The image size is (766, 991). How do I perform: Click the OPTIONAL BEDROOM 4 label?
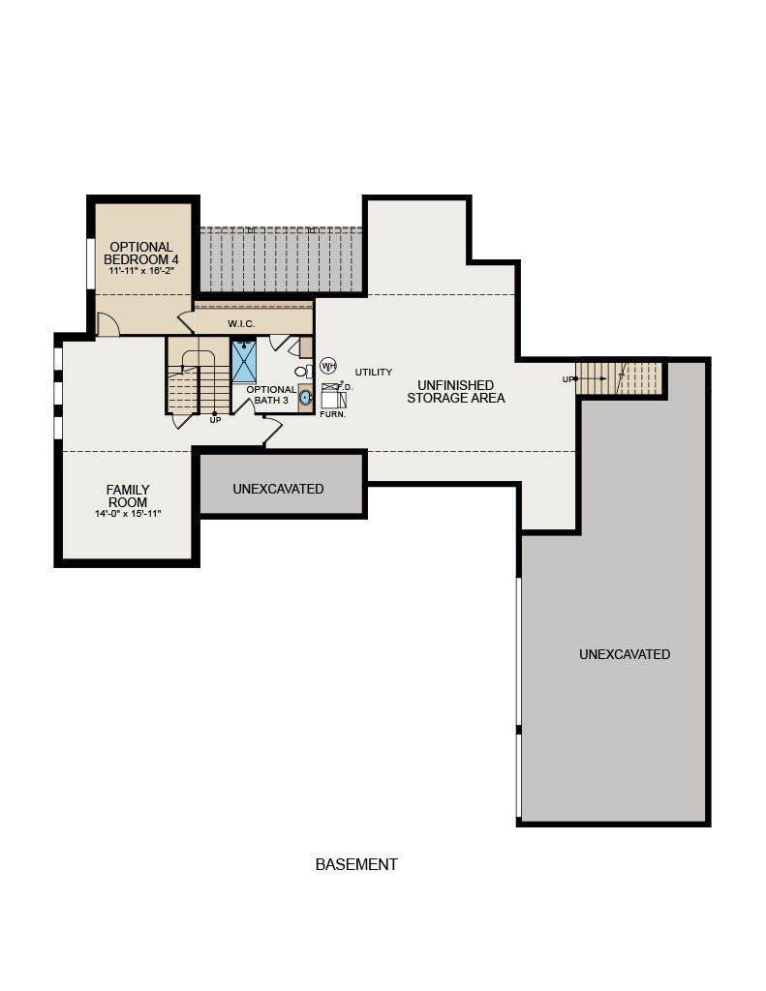[x=141, y=254]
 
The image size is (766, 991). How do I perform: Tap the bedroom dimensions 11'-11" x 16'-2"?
[x=141, y=271]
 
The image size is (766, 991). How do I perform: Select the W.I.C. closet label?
[x=242, y=324]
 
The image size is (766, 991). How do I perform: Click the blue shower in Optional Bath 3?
[x=243, y=362]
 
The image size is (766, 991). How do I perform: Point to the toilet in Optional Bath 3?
[x=304, y=371]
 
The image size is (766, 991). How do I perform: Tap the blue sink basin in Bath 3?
[x=306, y=398]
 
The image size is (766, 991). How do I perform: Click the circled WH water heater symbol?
[x=328, y=365]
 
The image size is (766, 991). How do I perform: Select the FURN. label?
[x=333, y=414]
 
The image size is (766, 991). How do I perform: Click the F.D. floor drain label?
[x=345, y=387]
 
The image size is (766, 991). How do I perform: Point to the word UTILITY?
[x=374, y=373]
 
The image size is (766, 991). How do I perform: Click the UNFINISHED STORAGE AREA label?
[x=455, y=392]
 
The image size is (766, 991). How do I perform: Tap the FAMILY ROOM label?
[x=128, y=496]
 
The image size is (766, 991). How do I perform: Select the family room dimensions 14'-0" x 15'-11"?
[x=128, y=514]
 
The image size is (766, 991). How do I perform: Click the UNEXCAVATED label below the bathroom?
[x=278, y=489]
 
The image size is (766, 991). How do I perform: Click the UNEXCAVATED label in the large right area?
[x=625, y=655]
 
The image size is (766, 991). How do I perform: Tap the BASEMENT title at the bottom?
[x=356, y=864]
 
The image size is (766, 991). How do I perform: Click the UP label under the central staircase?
[x=215, y=420]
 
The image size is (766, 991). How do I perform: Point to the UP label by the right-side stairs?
[x=567, y=379]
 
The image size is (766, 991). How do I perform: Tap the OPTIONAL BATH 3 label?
[x=271, y=395]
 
